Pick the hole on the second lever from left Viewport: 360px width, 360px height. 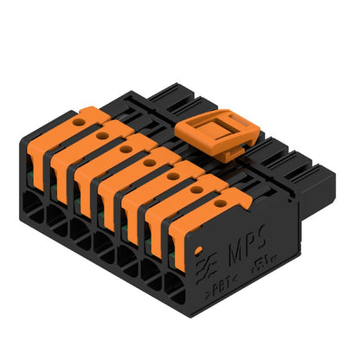pyautogui.click(x=102, y=135)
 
